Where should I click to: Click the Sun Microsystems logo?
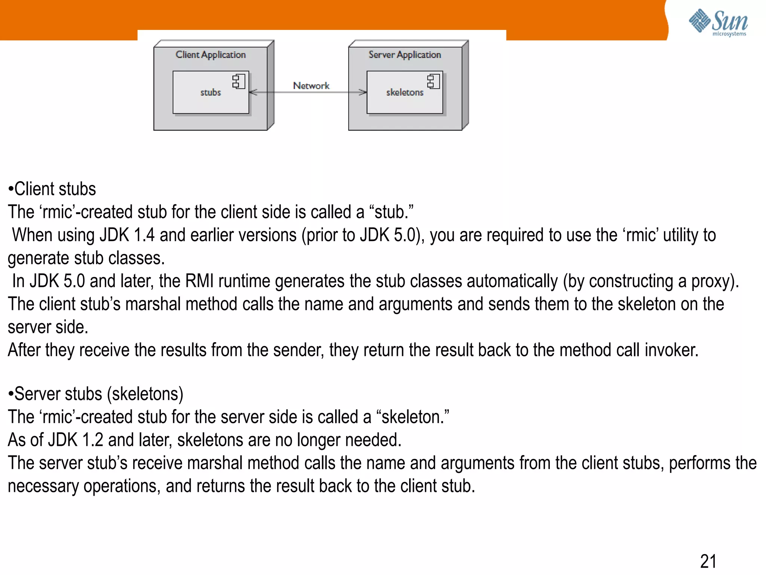click(718, 22)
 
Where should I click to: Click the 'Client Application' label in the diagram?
click(211, 55)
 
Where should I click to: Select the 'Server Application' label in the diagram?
click(405, 55)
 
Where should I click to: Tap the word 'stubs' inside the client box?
click(211, 92)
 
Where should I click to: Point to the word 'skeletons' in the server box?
click(405, 92)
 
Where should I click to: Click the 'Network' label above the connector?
click(311, 86)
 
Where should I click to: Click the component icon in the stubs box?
click(238, 81)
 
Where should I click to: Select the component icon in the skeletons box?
click(433, 81)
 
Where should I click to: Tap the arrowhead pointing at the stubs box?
click(253, 92)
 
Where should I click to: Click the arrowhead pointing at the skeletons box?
click(362, 92)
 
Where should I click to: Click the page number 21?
click(708, 562)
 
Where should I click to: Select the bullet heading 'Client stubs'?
click(52, 189)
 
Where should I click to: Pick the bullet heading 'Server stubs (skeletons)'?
click(96, 394)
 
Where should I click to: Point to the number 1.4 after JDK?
click(144, 235)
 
